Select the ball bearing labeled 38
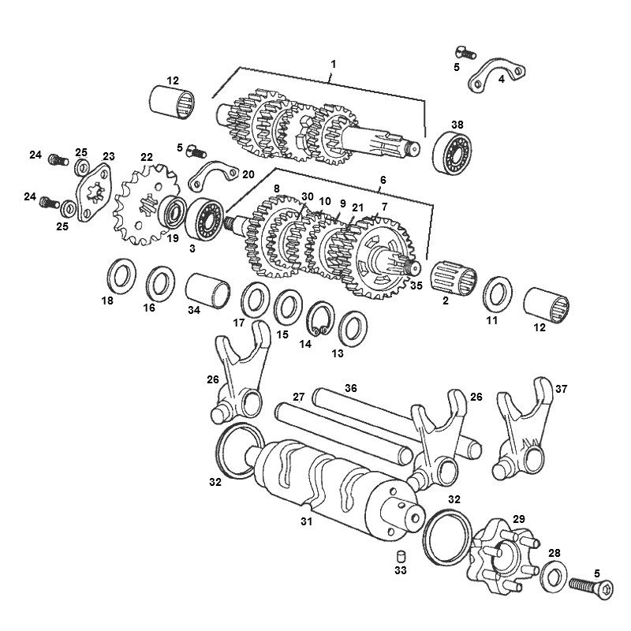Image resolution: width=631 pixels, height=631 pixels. (x=456, y=155)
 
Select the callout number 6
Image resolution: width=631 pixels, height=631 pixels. (x=383, y=181)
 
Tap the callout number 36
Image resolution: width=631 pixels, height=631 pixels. (x=351, y=388)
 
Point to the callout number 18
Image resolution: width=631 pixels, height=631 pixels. (x=107, y=301)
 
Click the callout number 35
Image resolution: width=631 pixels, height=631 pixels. (x=416, y=286)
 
